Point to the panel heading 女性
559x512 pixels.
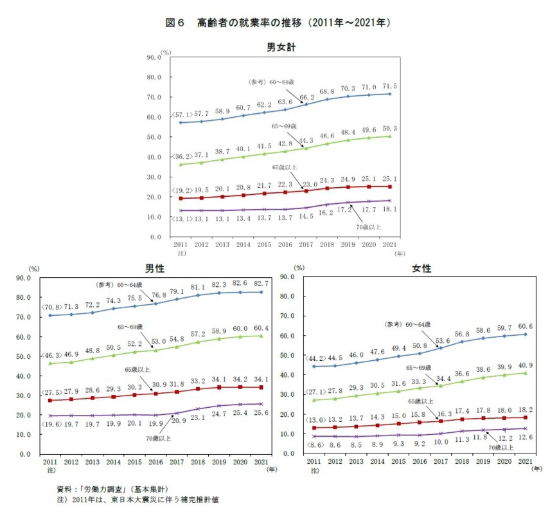(x=421, y=268)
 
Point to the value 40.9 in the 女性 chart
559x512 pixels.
(x=526, y=365)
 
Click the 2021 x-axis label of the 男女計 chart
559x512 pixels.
(x=387, y=245)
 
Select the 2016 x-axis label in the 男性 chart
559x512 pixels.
(x=154, y=462)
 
